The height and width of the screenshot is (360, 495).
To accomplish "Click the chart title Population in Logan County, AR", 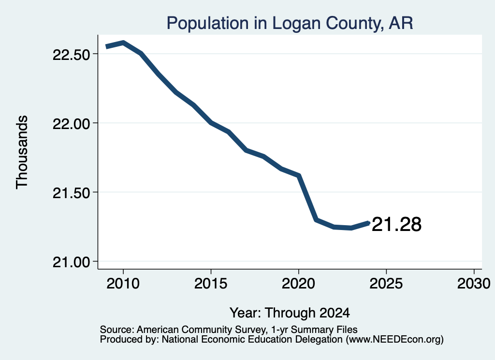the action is point(290,24).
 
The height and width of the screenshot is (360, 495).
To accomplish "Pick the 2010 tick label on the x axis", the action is point(123,284).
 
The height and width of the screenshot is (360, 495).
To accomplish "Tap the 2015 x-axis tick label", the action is point(211,284).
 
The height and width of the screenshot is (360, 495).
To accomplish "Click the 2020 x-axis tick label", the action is point(298,284).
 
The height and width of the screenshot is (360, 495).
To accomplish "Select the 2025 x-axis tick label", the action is point(386,284).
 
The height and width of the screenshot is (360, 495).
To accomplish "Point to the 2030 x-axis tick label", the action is point(474,284).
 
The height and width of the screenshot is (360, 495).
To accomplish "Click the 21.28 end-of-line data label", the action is point(396,225).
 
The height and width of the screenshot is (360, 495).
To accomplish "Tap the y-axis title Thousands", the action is point(22,152).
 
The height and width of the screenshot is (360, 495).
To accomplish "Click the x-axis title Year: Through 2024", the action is point(290,313).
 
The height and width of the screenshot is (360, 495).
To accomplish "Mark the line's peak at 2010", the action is point(123,43).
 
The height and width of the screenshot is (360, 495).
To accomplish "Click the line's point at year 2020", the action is point(298,175).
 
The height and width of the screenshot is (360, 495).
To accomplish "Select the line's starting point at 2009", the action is point(107,47).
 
